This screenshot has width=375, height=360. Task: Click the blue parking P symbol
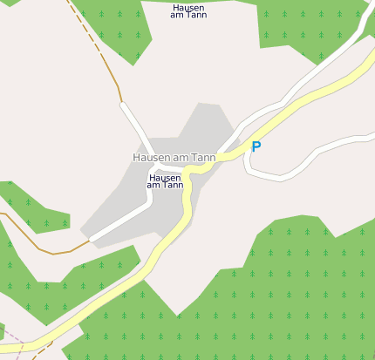256,147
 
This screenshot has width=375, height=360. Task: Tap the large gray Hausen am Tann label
174,157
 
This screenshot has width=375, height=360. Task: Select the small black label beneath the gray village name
165,181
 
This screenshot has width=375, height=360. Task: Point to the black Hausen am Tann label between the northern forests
188,11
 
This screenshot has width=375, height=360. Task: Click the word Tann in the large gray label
203,157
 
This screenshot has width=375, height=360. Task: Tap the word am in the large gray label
182,157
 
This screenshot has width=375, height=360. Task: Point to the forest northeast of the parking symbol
305,26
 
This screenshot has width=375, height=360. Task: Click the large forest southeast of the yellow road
279,296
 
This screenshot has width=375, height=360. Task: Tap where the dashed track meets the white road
121,103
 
